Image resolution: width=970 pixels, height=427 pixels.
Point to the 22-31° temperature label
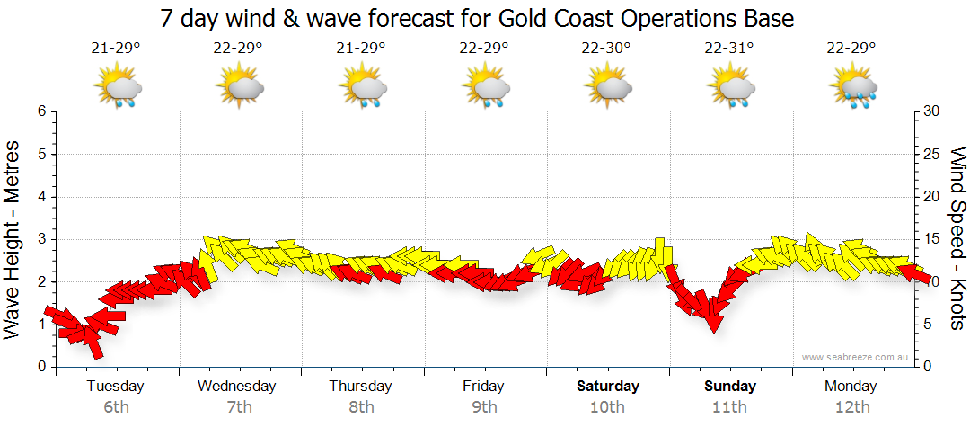pyautogui.click(x=729, y=49)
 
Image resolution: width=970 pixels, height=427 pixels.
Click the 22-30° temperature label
pyautogui.click(x=607, y=49)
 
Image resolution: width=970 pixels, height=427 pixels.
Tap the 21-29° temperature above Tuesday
pyautogui.click(x=116, y=49)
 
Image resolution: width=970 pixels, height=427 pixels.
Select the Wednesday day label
pyautogui.click(x=237, y=387)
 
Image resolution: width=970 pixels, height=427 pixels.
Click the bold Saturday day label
pyautogui.click(x=608, y=387)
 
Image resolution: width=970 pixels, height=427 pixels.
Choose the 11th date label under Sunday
pyautogui.click(x=729, y=407)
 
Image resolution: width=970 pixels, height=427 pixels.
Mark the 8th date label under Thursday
pyautogui.click(x=361, y=407)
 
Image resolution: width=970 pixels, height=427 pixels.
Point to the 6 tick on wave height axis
pyautogui.click(x=40, y=111)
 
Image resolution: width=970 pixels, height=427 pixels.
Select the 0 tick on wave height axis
pyautogui.click(x=40, y=367)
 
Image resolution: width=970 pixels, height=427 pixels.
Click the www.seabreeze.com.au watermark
pyautogui.click(x=857, y=357)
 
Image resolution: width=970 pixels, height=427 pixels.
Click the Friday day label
pyautogui.click(x=483, y=387)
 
